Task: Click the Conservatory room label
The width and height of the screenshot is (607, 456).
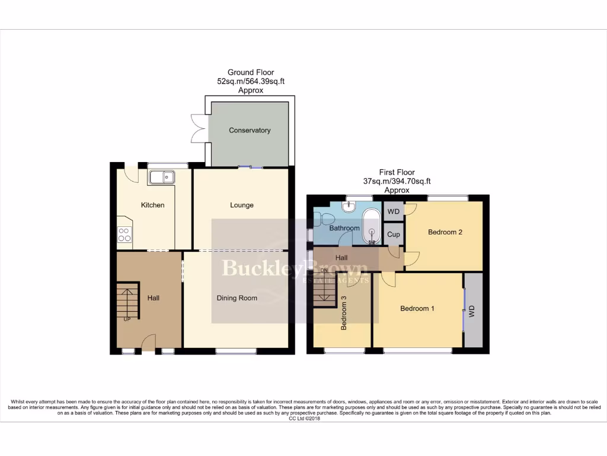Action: (250, 131)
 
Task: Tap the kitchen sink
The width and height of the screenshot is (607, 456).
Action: (161, 176)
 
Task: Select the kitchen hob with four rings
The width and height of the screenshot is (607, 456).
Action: (124, 235)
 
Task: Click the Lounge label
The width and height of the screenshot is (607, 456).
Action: (242, 205)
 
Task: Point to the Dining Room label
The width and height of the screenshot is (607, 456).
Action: (237, 298)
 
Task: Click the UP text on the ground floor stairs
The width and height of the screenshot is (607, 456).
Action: (127, 319)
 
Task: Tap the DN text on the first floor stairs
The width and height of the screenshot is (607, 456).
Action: (324, 271)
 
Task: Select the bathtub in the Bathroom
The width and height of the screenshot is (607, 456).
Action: (372, 226)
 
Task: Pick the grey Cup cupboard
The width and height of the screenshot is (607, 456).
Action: (394, 235)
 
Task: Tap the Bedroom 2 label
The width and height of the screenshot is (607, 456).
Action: (445, 232)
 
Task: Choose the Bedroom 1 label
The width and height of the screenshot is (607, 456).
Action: (417, 309)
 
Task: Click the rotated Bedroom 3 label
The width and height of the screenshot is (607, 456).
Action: (344, 313)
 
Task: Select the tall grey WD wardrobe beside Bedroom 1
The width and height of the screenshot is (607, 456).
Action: (472, 311)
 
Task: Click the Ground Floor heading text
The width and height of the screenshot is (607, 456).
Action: (251, 72)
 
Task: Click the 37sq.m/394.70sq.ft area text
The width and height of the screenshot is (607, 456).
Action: (397, 181)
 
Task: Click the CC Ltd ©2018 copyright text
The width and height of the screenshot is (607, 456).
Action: (303, 419)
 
